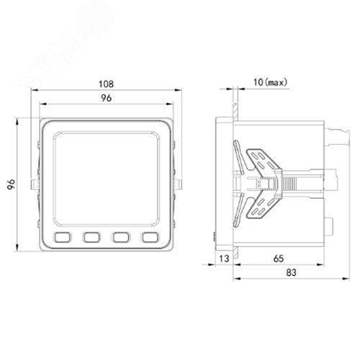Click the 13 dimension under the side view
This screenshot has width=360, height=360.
click(x=225, y=258)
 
